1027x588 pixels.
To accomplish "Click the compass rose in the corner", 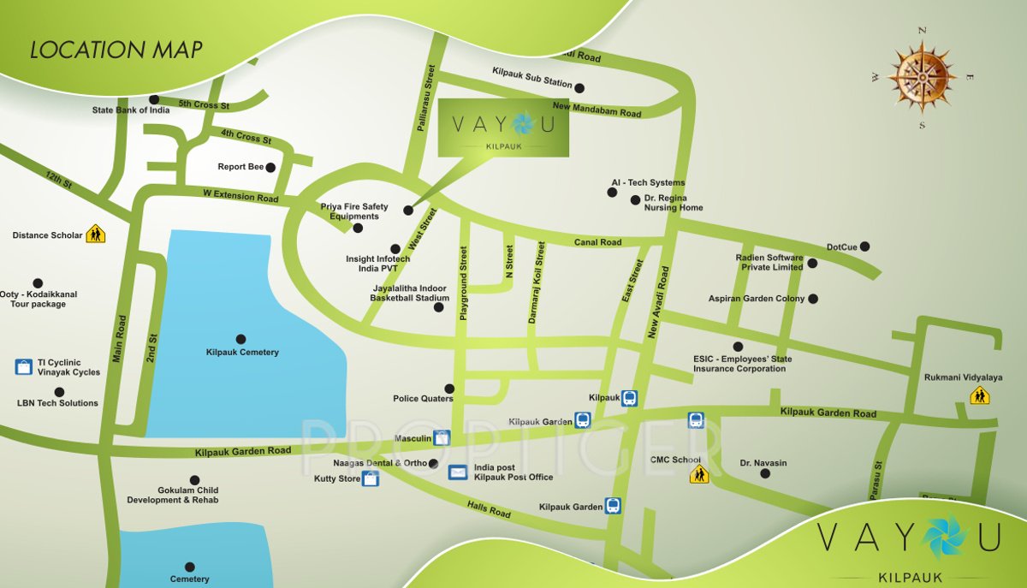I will tap(922, 78).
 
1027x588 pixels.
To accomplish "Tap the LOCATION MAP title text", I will tap(116, 50).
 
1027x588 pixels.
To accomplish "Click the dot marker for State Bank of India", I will tap(154, 99).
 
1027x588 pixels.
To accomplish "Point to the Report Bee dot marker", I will tap(270, 168).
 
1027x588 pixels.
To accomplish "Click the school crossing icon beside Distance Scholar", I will tap(95, 234).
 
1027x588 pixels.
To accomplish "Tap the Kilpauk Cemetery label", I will tap(242, 352).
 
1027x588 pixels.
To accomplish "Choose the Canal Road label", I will tap(597, 242).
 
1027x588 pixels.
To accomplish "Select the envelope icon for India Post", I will tap(459, 472).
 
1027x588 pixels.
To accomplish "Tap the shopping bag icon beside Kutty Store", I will tap(371, 479).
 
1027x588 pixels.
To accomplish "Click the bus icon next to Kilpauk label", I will tap(629, 398).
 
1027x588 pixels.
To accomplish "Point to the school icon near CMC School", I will tap(699, 473).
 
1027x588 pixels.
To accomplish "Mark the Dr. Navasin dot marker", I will tap(765, 473).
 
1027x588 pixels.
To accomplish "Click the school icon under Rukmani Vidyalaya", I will tap(979, 395).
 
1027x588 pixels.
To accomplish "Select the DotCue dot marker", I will tap(864, 246).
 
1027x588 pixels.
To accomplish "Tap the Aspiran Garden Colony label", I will tap(756, 299).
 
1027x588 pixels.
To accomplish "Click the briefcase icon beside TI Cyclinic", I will tap(24, 367).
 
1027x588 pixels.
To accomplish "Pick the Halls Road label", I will tap(490, 509).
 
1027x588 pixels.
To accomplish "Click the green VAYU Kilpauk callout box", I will tap(503, 128).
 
